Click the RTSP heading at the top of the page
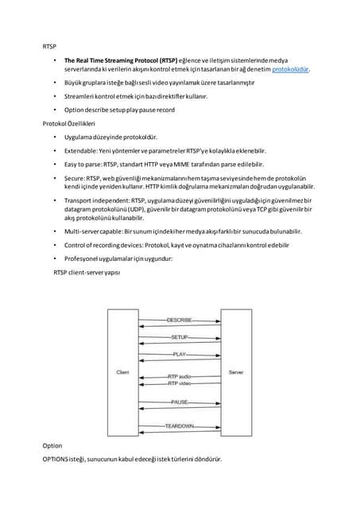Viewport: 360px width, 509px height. (x=49, y=47)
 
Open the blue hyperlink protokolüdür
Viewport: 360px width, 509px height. (x=290, y=69)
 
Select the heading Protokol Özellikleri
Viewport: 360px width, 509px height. (x=68, y=124)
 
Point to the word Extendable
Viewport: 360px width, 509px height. (x=83, y=150)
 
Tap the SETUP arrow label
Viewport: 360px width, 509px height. (x=180, y=337)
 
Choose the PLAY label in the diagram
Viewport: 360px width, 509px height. (x=180, y=354)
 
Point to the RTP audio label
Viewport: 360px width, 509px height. (x=179, y=376)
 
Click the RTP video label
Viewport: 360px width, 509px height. (x=179, y=383)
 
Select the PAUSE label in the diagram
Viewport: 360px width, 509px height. (x=180, y=402)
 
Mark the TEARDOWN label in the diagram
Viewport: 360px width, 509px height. (x=180, y=426)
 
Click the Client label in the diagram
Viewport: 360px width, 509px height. (x=123, y=372)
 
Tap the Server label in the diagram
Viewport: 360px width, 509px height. (x=236, y=372)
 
